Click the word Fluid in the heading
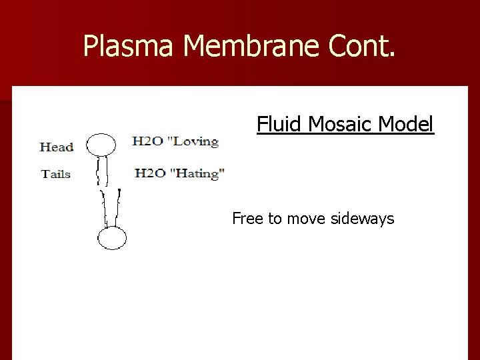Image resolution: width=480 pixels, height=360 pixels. [x=275, y=125]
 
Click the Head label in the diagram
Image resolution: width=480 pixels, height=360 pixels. [x=57, y=147]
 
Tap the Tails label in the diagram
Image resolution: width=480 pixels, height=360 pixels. [x=56, y=174]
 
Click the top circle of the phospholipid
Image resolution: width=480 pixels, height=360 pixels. [x=102, y=144]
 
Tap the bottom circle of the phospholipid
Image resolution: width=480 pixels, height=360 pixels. [x=112, y=238]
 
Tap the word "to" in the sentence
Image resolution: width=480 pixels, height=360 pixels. [x=275, y=218]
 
